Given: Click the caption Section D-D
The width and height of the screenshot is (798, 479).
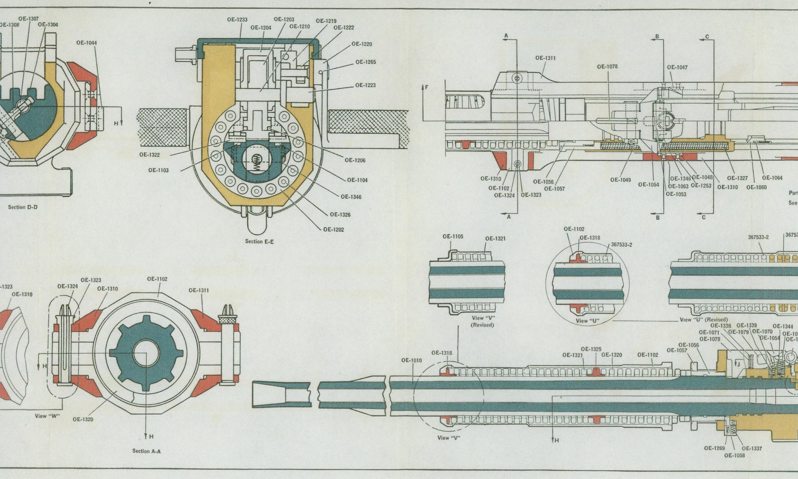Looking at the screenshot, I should click(23, 207).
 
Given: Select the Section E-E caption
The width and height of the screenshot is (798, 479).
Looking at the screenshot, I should click(259, 241).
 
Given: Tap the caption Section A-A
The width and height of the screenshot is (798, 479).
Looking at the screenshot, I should click(146, 451).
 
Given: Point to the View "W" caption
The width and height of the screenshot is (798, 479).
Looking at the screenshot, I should click(46, 416).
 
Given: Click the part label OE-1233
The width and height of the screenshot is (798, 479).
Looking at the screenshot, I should click(237, 20).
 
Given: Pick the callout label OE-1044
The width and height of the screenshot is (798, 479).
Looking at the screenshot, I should click(86, 43).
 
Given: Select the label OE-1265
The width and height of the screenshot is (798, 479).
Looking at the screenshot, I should click(365, 62).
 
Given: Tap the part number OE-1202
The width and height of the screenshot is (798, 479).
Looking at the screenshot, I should click(334, 229).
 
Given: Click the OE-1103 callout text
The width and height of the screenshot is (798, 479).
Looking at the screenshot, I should click(158, 170).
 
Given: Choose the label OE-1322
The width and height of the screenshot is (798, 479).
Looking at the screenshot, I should click(149, 155).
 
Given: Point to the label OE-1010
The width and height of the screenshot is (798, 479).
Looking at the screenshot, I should click(411, 360).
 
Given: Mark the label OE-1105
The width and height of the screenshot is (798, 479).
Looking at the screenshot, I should click(452, 237).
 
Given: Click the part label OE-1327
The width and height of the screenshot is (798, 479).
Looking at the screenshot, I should click(737, 178).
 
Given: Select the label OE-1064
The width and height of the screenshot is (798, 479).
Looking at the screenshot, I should click(772, 178).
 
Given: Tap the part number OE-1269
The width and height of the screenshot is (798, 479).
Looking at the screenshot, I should click(714, 448).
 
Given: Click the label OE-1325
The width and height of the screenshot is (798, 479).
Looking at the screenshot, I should click(591, 349).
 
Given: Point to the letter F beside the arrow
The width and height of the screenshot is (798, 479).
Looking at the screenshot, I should click(427, 87).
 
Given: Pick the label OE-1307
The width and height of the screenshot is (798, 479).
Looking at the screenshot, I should click(28, 19).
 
